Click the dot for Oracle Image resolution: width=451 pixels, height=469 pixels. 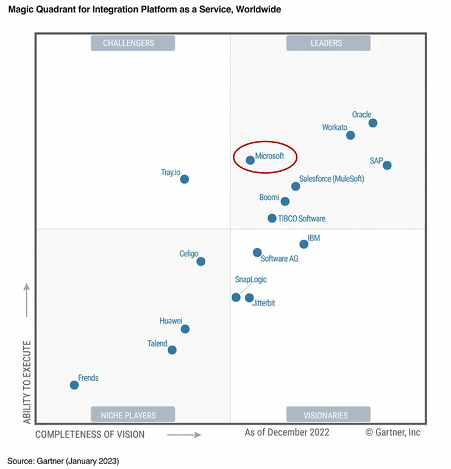pyautogui.click(x=373, y=123)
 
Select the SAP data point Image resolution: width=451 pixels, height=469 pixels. pyautogui.click(x=387, y=165)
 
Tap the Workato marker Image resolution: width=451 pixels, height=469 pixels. pyautogui.click(x=350, y=135)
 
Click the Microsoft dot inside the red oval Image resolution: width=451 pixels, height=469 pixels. pyautogui.click(x=250, y=160)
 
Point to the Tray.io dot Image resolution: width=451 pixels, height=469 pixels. pyautogui.click(x=185, y=179)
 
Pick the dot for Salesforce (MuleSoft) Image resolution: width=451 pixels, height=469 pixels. pyautogui.click(x=296, y=186)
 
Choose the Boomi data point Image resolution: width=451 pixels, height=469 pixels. pyautogui.click(x=285, y=201)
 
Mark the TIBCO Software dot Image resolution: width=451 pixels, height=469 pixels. pyautogui.click(x=272, y=218)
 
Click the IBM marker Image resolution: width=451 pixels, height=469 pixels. pyautogui.click(x=304, y=245)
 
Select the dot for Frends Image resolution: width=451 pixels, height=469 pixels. pyautogui.click(x=74, y=385)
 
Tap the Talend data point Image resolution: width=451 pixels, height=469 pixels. pyautogui.click(x=172, y=350)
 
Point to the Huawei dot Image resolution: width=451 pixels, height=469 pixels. pyautogui.click(x=185, y=329)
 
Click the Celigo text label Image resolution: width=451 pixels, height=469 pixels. pyautogui.click(x=189, y=254)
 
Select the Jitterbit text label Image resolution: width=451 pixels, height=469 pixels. pyautogui.click(x=263, y=303)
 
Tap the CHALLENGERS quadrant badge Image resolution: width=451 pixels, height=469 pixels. pyautogui.click(x=133, y=43)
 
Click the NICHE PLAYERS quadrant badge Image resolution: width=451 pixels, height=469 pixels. pyautogui.click(x=133, y=415)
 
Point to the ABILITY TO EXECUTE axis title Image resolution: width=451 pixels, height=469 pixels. pyautogui.click(x=27, y=382)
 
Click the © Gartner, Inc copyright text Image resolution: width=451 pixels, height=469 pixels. pyautogui.click(x=393, y=432)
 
